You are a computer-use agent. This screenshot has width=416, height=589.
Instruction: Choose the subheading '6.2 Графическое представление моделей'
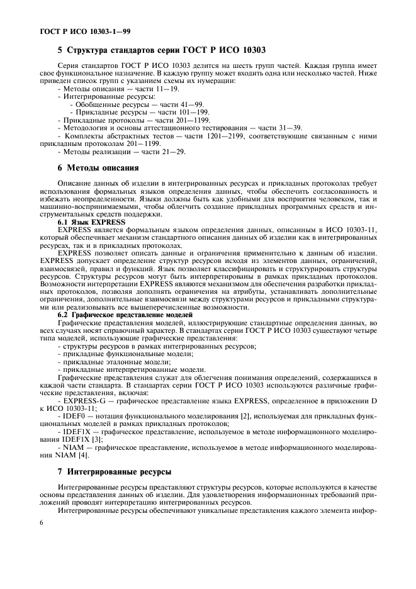click(127, 314)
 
